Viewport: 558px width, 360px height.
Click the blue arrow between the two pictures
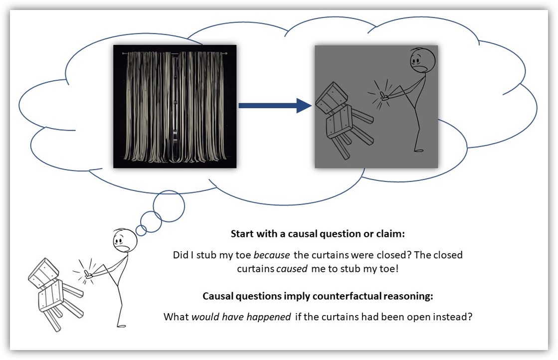coord(275,106)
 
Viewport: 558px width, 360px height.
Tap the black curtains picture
coord(175,106)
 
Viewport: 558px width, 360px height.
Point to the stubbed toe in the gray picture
coord(383,95)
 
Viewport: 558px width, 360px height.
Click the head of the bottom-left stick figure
coord(125,240)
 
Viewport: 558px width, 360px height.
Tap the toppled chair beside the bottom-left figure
coord(55,294)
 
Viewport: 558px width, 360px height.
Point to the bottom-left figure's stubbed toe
coord(87,274)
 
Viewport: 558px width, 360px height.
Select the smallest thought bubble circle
coord(141,230)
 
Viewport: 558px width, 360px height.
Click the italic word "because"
coord(272,255)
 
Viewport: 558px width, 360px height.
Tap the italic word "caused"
coord(292,269)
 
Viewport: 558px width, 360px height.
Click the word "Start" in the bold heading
coord(242,234)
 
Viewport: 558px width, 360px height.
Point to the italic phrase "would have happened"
coord(241,317)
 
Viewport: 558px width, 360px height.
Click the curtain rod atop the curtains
coord(175,53)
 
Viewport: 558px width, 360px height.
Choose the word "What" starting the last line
coord(176,317)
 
